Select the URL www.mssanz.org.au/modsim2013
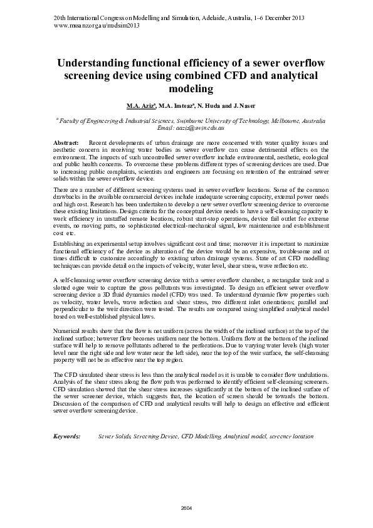tap(97, 26)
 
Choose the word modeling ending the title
tap(186, 88)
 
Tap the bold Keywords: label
tap(68, 435)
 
